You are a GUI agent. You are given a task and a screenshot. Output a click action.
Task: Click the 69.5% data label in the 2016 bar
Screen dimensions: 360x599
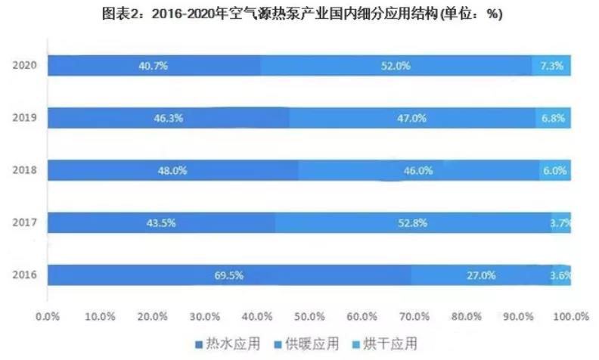tap(228, 275)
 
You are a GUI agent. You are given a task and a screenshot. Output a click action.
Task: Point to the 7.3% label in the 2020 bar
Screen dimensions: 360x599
tap(551, 66)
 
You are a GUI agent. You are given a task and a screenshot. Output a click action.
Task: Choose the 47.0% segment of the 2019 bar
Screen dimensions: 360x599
tap(413, 119)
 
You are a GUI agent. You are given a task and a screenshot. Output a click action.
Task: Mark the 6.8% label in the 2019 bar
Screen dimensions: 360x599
tap(554, 119)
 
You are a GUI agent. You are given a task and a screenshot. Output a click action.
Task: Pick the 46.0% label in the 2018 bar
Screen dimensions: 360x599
tap(417, 171)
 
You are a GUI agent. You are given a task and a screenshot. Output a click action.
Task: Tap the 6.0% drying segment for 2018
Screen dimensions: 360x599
tap(554, 171)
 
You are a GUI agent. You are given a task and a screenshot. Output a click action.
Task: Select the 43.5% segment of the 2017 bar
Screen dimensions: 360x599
tap(153, 223)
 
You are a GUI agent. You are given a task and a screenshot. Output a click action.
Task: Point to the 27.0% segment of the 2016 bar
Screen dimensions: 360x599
tap(481, 275)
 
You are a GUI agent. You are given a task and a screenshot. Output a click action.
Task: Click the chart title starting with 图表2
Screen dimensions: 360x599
tap(299, 14)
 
